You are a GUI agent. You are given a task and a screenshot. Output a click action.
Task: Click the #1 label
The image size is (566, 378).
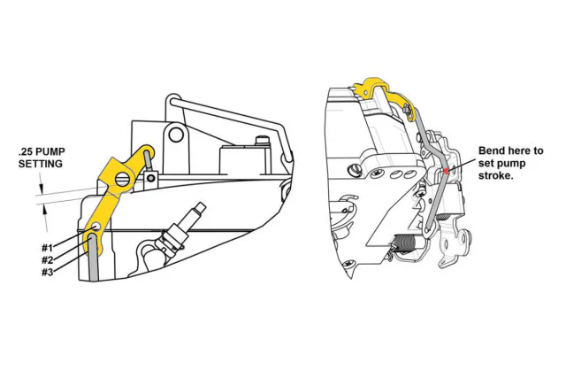tap(48, 247)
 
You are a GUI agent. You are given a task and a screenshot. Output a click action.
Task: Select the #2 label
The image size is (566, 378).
tap(48, 259)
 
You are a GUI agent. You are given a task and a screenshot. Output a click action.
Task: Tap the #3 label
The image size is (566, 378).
tap(48, 272)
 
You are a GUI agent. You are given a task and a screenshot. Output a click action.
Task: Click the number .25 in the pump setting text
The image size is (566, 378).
tap(27, 152)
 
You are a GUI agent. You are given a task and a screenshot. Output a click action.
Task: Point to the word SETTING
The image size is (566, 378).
tap(41, 165)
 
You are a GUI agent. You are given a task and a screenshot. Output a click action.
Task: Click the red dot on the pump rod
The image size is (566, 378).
tap(447, 169)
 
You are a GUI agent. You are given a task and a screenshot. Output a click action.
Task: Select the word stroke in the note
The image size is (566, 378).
tap(497, 176)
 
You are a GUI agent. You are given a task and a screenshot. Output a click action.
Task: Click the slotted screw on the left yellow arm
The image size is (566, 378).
tap(121, 181)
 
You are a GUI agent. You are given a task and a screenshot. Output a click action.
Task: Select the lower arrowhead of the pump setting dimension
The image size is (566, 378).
tap(40, 205)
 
